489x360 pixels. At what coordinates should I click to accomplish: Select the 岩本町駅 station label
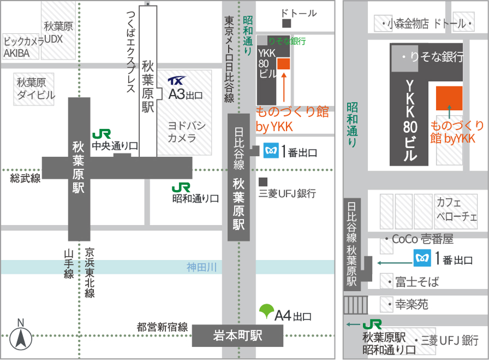click(x=237, y=335)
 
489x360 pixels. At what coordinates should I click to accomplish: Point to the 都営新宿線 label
click(x=162, y=328)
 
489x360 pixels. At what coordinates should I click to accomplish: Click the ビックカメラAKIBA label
click(x=23, y=48)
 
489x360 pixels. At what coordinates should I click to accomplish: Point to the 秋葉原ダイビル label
click(x=35, y=89)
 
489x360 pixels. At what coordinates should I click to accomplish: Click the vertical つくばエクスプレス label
click(x=130, y=52)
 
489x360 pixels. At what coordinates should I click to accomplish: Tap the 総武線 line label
click(x=25, y=178)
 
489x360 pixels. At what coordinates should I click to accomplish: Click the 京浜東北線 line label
click(x=90, y=273)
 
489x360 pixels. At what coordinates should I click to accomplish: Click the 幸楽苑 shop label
click(x=412, y=304)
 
